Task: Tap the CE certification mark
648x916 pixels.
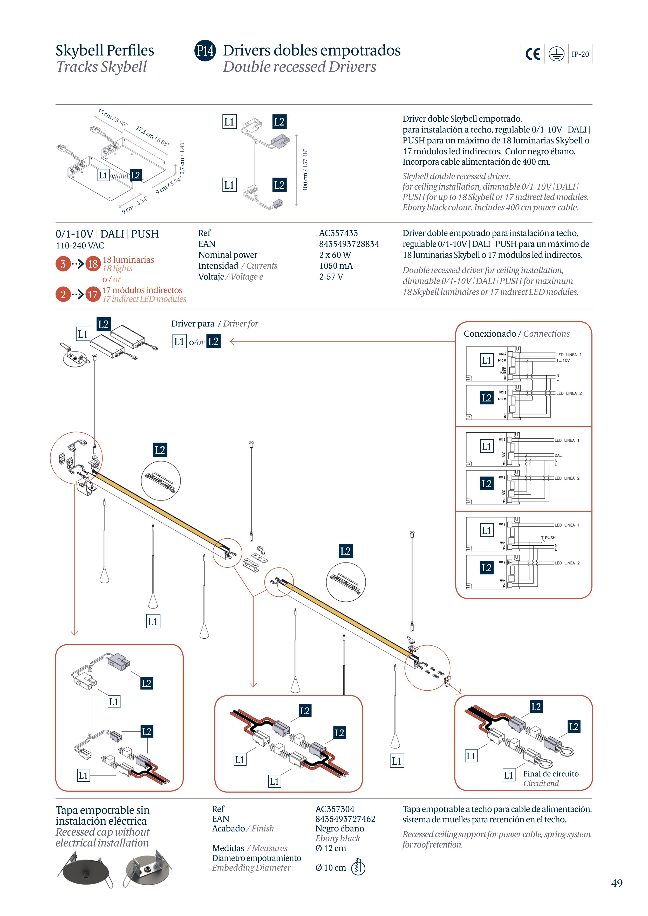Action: [533, 54]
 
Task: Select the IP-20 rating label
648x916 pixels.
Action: [580, 54]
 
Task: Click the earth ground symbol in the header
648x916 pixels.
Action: [556, 54]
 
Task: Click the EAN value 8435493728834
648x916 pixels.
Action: [349, 244]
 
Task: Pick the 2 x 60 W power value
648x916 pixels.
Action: [335, 255]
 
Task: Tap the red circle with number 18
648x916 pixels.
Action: [93, 264]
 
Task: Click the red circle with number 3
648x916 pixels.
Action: [63, 264]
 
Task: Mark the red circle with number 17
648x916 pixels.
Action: [93, 294]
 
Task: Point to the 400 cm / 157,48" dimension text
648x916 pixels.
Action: [305, 170]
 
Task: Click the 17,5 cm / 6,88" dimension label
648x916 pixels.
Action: [153, 136]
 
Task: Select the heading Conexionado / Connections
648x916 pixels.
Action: [516, 334]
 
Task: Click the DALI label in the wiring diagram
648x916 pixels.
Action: [558, 455]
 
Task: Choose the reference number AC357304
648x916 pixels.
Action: [335, 809]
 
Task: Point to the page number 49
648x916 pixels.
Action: [616, 883]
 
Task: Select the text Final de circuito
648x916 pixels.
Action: [551, 774]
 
